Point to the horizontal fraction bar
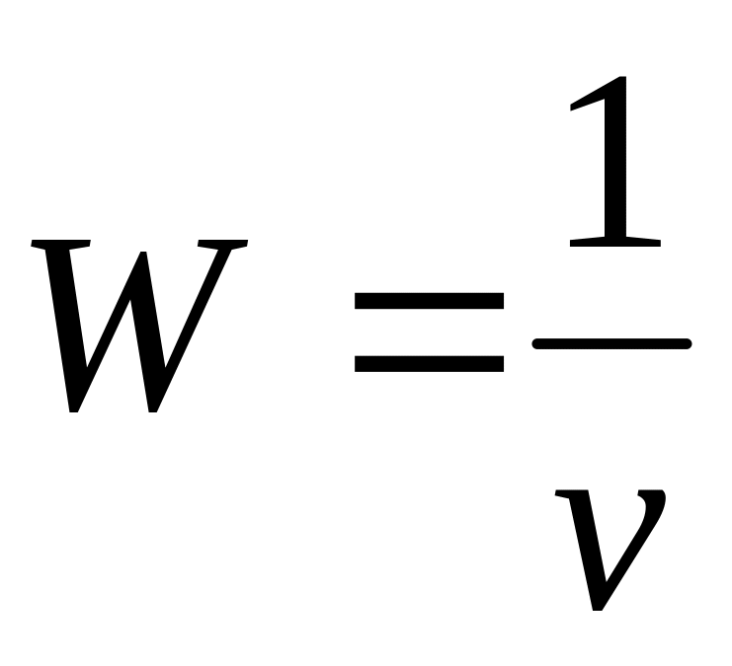point(611,343)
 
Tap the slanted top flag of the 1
point(589,99)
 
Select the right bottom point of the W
point(152,408)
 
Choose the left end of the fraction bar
point(536,343)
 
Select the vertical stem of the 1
point(616,168)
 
